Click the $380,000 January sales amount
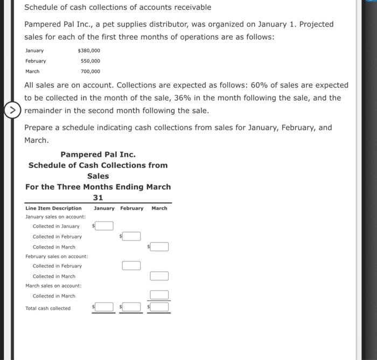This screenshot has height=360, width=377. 89,51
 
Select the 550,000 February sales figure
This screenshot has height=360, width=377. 90,61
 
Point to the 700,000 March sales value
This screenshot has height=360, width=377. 90,71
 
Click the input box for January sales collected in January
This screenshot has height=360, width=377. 105,226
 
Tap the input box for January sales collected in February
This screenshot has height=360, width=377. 132,236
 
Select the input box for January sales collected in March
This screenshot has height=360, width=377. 159,246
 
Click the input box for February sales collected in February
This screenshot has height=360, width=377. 131,265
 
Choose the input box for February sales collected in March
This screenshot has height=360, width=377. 159,276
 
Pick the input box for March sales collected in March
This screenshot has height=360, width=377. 159,295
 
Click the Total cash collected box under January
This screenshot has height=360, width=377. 105,307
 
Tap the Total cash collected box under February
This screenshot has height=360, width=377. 132,307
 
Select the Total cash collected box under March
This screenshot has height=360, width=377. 159,307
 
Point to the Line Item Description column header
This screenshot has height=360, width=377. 53,208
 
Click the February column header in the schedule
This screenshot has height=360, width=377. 131,208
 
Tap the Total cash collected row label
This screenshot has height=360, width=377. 48,308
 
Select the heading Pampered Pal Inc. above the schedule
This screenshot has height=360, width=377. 98,154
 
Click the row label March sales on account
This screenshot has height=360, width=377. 53,286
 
